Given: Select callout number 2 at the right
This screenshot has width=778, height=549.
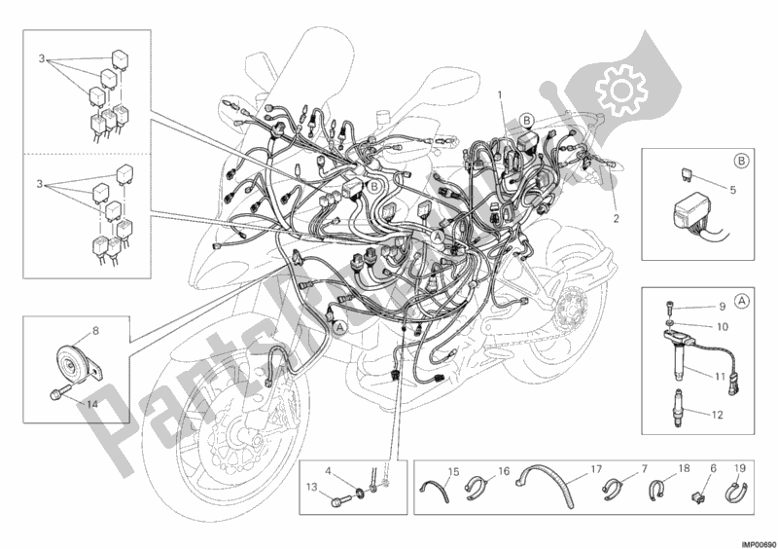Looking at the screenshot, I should [616, 217].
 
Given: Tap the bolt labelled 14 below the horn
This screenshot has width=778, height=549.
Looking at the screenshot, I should [55, 394].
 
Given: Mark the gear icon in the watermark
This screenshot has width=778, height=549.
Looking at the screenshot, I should [618, 91].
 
